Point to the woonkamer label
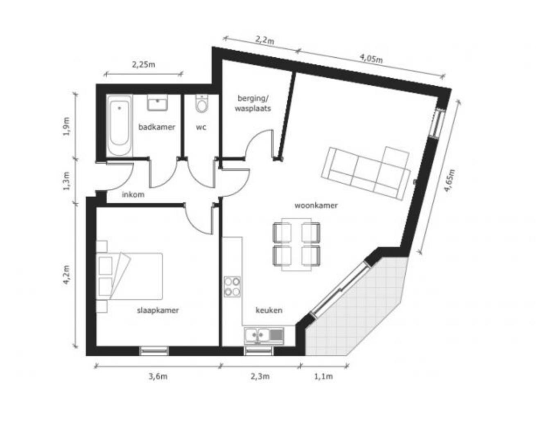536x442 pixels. [x=316, y=205]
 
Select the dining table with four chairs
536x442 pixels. [x=296, y=244]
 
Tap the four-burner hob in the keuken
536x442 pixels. [x=232, y=286]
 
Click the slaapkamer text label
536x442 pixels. [x=158, y=310]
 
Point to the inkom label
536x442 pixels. [x=133, y=195]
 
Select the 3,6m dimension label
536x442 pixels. [x=158, y=377]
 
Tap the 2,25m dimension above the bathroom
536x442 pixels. [x=143, y=64]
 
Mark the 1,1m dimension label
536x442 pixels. [x=323, y=377]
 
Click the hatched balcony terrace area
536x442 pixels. [x=356, y=311]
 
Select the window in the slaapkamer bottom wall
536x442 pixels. [x=154, y=351]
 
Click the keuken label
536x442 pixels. [x=269, y=310]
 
